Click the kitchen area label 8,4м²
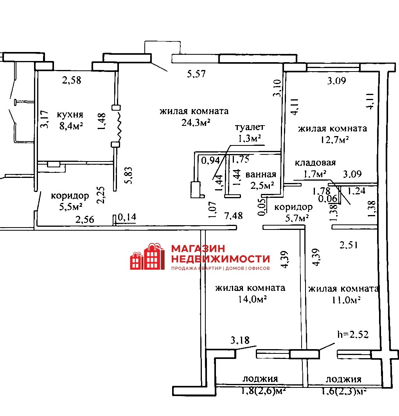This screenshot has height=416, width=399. pos(71,126)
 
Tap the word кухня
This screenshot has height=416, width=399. pos(70,115)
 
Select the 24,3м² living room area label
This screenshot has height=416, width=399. pos(196,122)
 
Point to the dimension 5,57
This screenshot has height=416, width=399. pos(196,74)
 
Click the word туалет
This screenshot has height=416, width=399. pos(250,127)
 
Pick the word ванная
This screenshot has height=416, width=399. pos(261,174)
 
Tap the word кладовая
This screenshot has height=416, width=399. pos(315,162)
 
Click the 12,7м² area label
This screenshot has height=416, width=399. pos(334,140)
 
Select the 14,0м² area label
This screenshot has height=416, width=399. pos(252,299)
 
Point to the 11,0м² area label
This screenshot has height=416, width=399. pos(346,300)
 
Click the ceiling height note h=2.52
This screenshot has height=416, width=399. pos(353,334)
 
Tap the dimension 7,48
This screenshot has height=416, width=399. pos(234,216)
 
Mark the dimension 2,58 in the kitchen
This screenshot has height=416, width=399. pos(72,80)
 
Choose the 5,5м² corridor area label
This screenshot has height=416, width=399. pos(71,206)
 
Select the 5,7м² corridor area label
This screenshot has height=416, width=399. pos(297,218)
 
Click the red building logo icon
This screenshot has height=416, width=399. pos(147,256)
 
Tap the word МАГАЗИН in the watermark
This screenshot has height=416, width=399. pos(198,249)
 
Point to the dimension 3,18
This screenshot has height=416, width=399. pos(240,340)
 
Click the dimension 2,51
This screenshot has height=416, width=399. pos(349,245)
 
